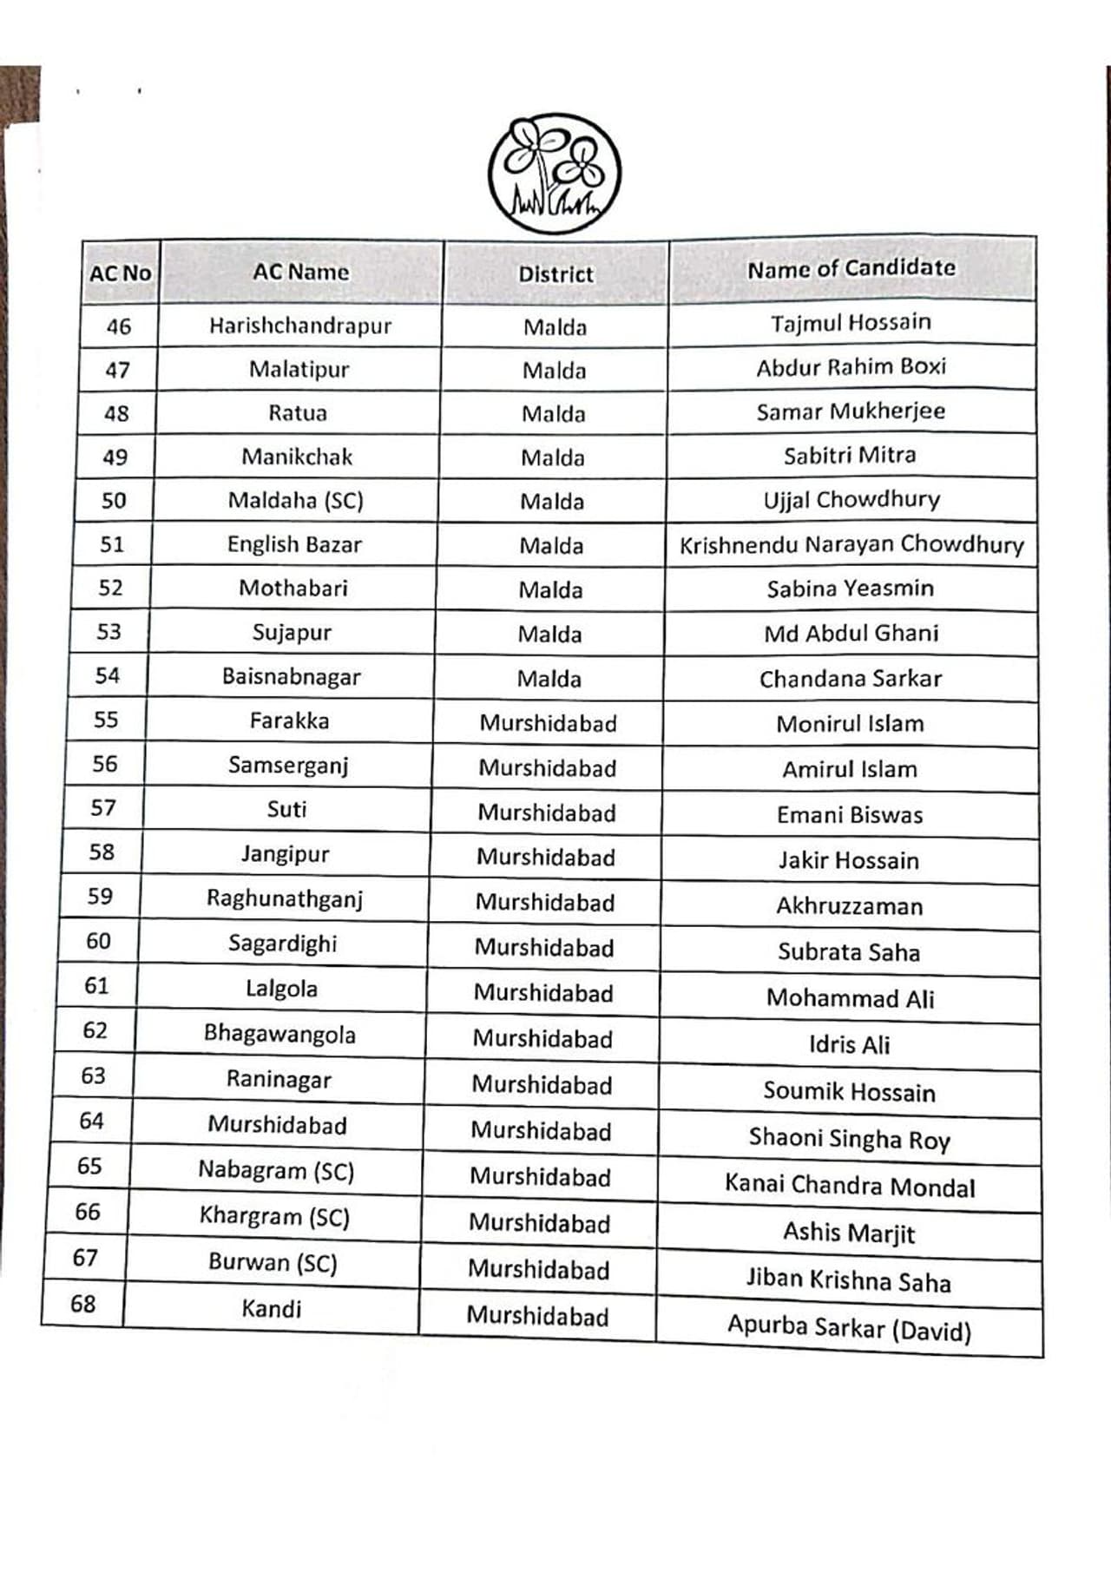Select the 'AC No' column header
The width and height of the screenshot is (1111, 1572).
120,273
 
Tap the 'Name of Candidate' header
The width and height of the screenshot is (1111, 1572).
851,268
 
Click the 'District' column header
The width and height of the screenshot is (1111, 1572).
555,274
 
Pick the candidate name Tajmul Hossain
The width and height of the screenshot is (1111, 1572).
851,323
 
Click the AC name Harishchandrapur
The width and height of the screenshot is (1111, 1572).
300,326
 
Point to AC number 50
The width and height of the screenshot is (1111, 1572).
114,501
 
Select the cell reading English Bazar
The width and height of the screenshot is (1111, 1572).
294,544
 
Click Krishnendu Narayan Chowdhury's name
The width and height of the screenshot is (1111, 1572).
851,545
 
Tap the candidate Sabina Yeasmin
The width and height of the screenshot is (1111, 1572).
851,589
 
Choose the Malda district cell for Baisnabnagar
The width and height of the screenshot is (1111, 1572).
549,679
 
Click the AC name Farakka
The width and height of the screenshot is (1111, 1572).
289,721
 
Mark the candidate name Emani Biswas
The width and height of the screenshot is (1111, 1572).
850,815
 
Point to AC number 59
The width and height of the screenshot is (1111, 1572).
100,897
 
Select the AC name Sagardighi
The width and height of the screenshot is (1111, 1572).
283,944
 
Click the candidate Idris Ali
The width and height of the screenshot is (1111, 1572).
849,1044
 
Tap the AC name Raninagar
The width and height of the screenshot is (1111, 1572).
279,1080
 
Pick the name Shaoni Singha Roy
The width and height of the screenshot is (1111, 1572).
850,1138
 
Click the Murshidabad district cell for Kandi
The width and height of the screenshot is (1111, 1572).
537,1316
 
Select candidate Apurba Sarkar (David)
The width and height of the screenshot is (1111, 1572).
849,1327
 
